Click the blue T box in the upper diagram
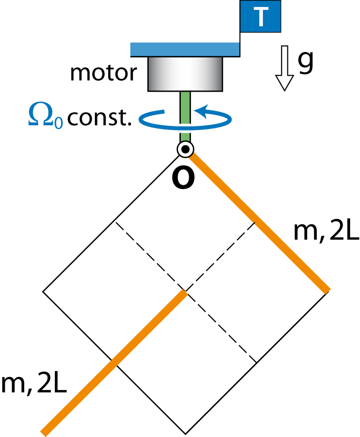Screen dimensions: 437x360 [260, 16]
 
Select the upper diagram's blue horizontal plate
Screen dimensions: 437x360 [184, 49]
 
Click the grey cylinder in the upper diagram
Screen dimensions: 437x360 [185, 74]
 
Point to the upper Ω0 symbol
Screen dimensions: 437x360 [45, 115]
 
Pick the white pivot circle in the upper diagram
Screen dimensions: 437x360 [185, 150]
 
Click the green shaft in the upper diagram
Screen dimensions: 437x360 [185, 100]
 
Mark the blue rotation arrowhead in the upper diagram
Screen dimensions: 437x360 [201, 111]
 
